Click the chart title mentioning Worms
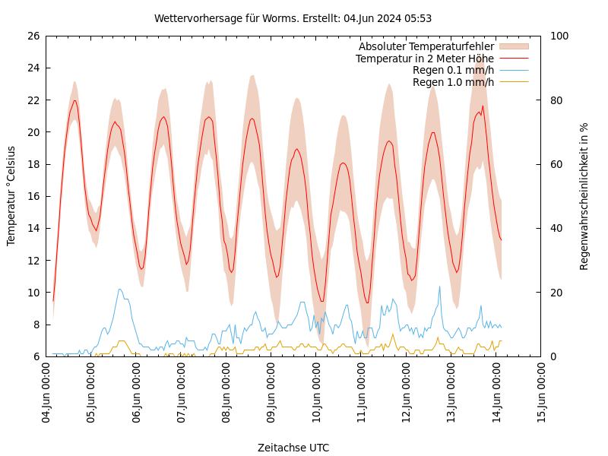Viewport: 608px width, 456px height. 293,18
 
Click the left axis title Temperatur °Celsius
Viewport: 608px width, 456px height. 11,196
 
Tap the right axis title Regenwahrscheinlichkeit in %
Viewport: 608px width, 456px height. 584,196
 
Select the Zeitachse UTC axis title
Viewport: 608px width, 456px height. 293,448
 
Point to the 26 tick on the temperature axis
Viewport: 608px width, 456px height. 33,36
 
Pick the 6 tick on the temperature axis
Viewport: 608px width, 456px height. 36,356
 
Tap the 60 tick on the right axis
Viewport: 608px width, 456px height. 555,164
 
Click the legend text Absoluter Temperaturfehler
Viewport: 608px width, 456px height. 426,47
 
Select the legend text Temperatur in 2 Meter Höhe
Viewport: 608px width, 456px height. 424,59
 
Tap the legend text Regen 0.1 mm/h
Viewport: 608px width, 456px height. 453,71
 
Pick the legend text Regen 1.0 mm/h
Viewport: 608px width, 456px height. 453,82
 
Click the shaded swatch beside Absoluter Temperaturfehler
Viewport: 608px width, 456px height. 513,47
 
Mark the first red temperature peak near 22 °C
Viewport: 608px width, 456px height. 74,100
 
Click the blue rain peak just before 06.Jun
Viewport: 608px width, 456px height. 120,289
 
